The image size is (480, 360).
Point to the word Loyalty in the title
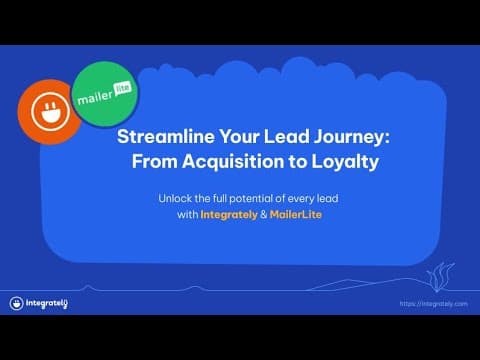click(345, 163)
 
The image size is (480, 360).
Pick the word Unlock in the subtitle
click(175, 199)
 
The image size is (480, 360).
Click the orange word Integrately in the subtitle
click(229, 215)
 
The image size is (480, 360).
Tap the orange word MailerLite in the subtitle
click(296, 214)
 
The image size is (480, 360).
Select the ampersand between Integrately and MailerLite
click(264, 214)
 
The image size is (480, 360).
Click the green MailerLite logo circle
click(105, 94)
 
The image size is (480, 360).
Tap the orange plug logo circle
click(49, 112)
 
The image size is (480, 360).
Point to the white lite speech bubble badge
click(123, 89)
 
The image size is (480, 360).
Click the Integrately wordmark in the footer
click(47, 304)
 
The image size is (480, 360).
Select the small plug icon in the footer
click(16, 303)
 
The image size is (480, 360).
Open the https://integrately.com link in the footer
click(433, 304)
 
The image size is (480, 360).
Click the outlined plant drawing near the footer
click(440, 277)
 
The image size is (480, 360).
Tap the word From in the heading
click(154, 162)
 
